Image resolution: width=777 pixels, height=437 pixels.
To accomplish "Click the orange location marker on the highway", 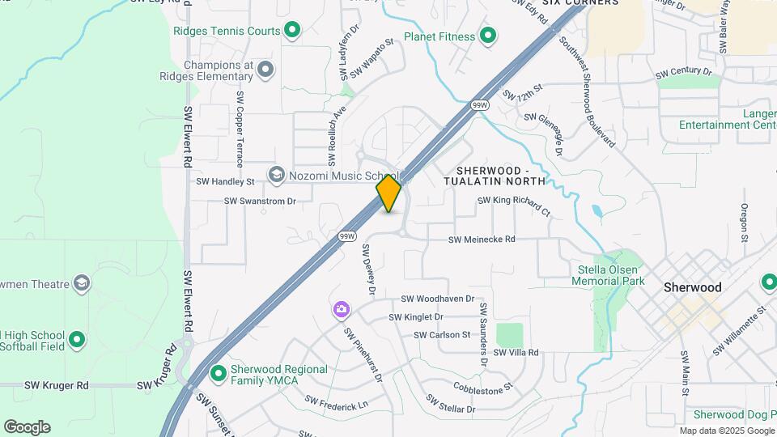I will click(x=388, y=193).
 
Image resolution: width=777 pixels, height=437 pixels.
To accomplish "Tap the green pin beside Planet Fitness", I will click(x=487, y=36).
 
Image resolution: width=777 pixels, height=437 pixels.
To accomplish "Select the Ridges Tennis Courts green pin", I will click(x=292, y=32).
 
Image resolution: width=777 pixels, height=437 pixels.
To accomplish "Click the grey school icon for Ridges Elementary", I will click(x=265, y=71).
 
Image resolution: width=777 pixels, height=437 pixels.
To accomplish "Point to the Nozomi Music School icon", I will click(x=277, y=176).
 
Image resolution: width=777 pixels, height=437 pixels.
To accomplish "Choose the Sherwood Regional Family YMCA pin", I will click(x=218, y=375).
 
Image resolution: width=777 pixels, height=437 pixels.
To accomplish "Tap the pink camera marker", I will click(x=341, y=309).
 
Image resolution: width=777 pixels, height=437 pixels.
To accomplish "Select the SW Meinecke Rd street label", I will click(x=482, y=240).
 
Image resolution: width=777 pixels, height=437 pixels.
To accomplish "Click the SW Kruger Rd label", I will click(x=56, y=386).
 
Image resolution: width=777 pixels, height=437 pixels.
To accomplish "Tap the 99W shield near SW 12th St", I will click(x=480, y=105).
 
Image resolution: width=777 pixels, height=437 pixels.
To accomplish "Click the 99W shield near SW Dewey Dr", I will click(x=347, y=236).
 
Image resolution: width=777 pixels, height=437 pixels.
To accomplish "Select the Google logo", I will click(x=27, y=427).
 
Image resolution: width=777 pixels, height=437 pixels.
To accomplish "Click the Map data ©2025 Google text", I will click(x=726, y=431).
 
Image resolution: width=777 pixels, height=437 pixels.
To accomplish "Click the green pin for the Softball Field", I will click(x=77, y=341).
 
